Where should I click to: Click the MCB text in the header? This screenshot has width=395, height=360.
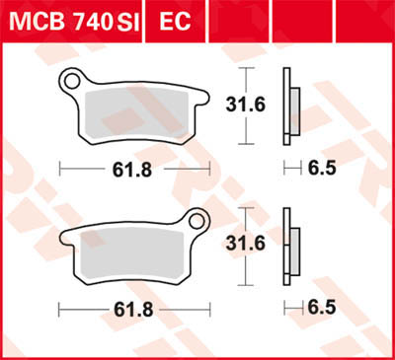click(x=38, y=21)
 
